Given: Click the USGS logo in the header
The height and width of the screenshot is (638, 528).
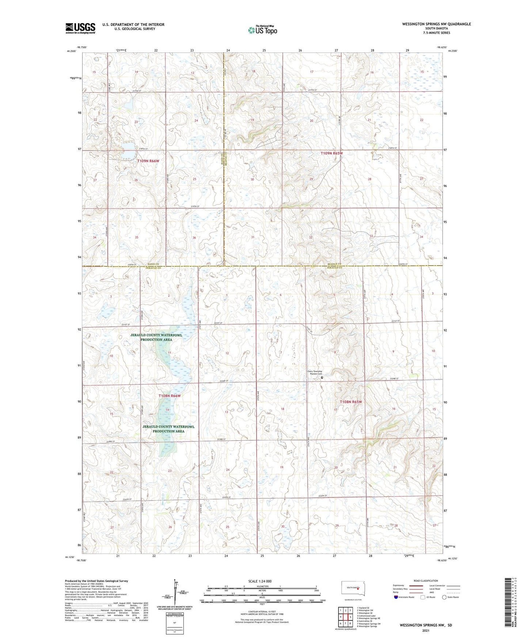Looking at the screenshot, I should click(80, 28).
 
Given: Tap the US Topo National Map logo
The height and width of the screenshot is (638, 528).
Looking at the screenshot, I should click(262, 30).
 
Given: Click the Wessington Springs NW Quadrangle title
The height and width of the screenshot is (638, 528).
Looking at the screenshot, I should click(436, 24).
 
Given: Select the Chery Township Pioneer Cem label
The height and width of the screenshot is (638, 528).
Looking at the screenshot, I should click(314, 373).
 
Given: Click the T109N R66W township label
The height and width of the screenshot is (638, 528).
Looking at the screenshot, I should click(148, 161).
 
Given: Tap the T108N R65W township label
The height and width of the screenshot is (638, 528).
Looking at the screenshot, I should click(351, 402).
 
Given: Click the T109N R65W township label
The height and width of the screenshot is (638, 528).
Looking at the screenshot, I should click(332, 153).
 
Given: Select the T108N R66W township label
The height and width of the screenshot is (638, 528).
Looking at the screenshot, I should click(170, 396).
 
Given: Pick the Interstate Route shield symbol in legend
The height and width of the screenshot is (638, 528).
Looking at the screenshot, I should click(396, 597).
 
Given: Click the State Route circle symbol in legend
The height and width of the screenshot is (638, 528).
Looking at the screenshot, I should click(444, 597).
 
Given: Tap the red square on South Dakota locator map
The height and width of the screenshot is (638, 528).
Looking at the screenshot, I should click(358, 588).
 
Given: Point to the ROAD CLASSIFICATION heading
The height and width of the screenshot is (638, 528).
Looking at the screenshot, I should click(426, 581).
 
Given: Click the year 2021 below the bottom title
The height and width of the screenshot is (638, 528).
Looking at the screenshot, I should click(426, 631).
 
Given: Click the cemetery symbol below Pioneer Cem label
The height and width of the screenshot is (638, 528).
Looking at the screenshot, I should click(322, 378).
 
